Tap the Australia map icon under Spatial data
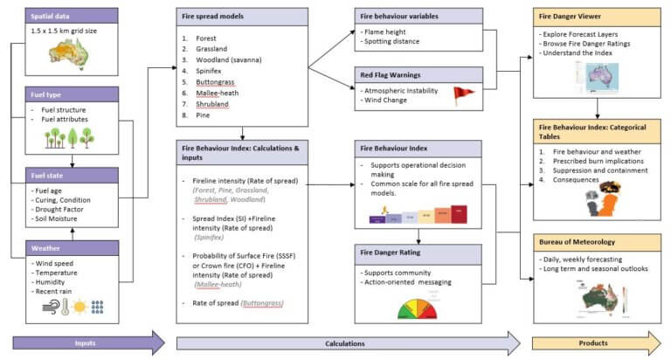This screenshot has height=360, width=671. click(51, 55)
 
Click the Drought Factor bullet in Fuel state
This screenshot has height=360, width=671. click(59, 207)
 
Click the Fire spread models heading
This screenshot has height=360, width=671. click(212, 17)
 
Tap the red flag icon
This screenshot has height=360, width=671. click(463, 93)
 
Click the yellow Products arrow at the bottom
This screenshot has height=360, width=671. click(594, 343)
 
